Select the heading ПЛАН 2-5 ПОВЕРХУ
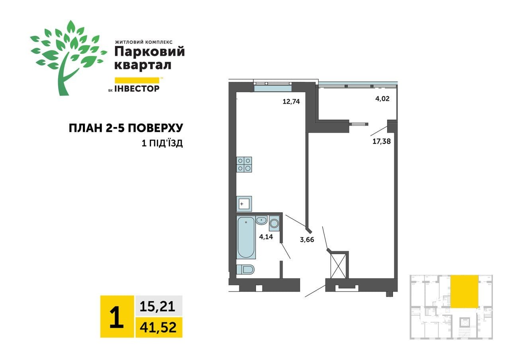126,128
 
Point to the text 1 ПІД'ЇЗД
162,143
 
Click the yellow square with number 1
117,317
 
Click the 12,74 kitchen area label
291,101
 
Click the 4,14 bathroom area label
267,237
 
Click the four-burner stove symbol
244,164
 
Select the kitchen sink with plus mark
244,204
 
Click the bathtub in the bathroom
246,238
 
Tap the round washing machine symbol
274,223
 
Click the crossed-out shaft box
338,265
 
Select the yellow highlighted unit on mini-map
464,291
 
